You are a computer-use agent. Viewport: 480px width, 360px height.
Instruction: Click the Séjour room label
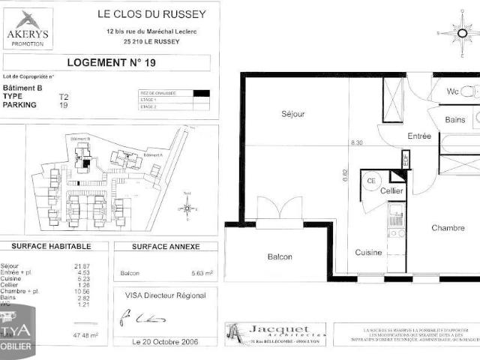pos(292,114)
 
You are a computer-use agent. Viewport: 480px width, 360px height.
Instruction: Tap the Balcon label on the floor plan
pos(280,256)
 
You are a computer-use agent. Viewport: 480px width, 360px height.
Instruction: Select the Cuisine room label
pos(370,252)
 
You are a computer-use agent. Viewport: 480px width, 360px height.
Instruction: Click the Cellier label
pos(391,192)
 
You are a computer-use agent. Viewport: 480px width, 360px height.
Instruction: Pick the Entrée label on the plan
pos(419,136)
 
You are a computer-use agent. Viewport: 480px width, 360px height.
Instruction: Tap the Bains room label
pos(454,119)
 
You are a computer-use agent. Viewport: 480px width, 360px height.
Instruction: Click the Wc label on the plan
pos(452,91)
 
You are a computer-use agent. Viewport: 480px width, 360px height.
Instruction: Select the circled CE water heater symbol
pos(370,180)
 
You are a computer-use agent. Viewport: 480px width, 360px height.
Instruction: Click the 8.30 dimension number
pos(356,142)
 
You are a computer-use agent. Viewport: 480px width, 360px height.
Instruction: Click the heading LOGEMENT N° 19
pos(112,63)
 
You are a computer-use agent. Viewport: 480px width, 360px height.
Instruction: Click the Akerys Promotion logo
pos(29,28)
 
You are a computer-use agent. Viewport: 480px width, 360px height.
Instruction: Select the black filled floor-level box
pos(200,93)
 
